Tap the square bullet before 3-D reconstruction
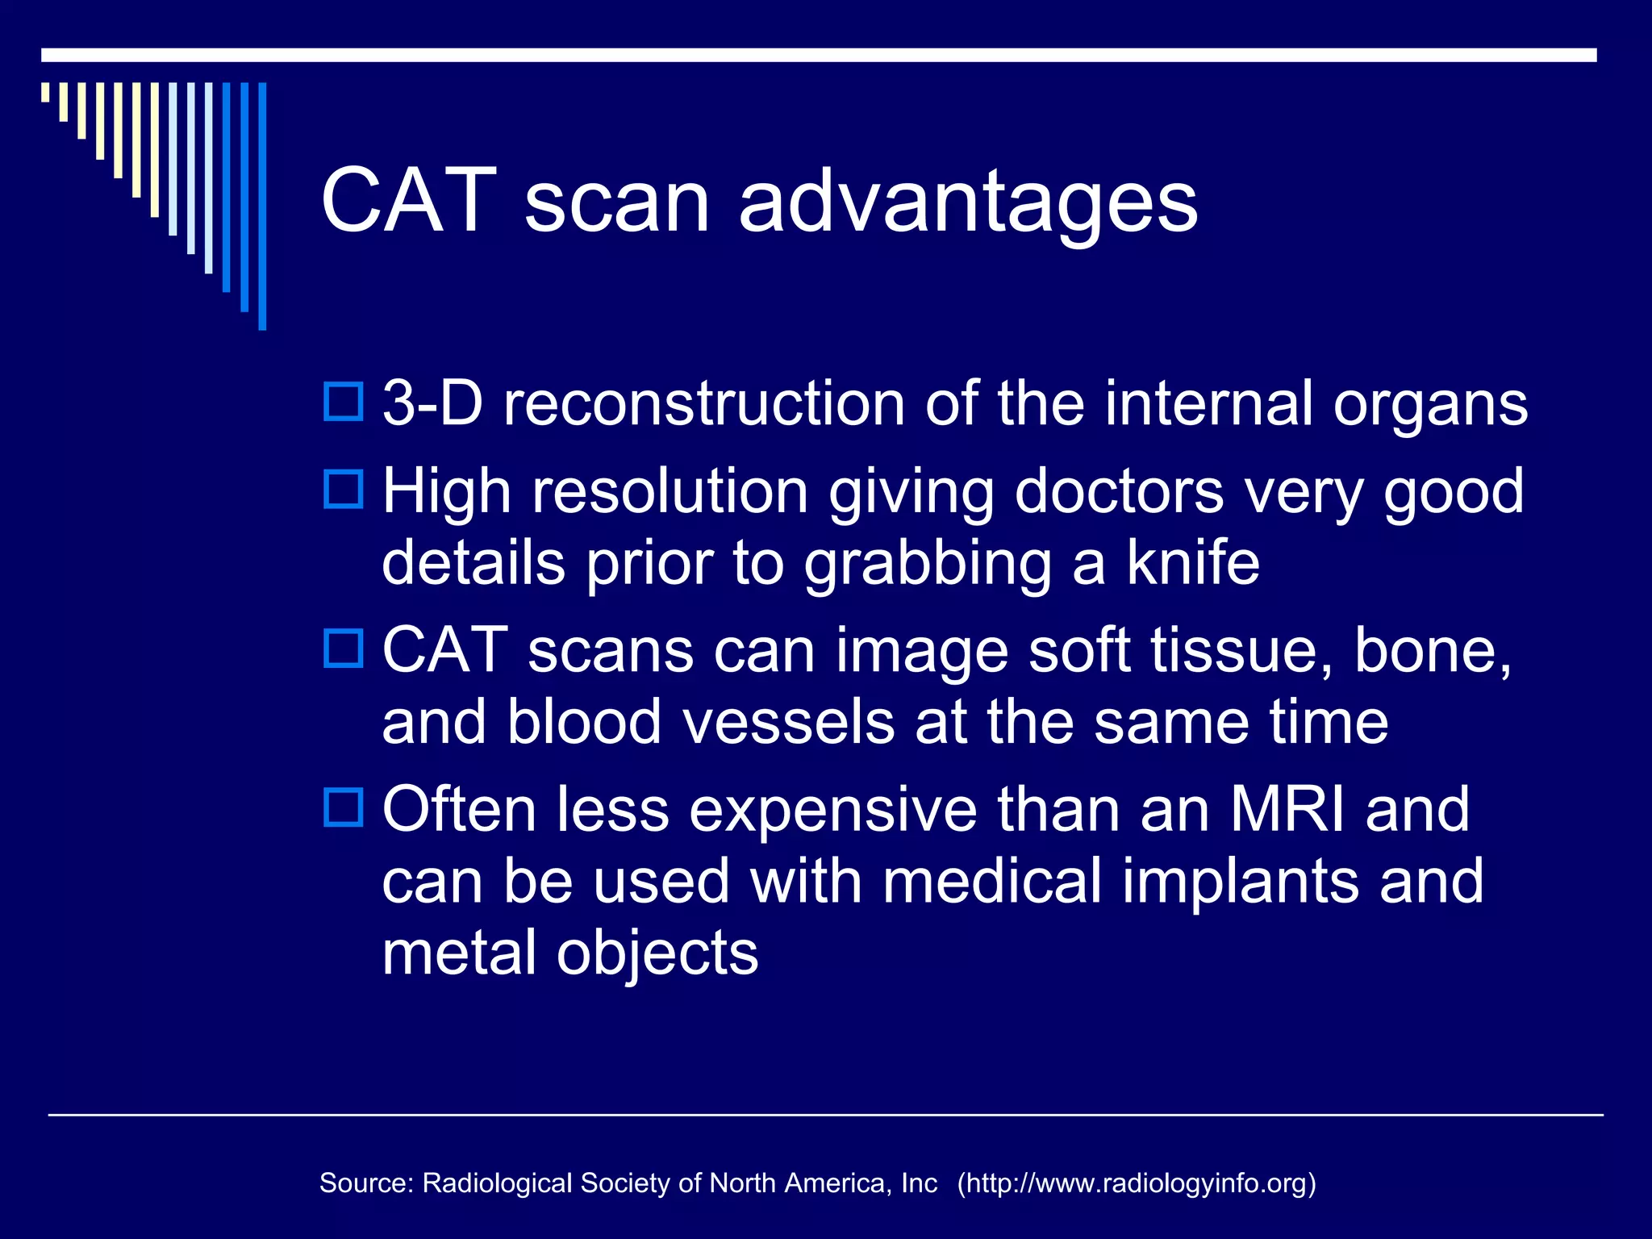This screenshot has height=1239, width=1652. point(344,402)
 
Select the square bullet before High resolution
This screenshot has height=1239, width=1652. point(344,490)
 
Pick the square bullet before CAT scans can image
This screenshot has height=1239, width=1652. point(344,649)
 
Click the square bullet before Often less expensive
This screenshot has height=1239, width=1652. point(344,807)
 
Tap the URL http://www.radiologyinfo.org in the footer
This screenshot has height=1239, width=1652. point(1137,1183)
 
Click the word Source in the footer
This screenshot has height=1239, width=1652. point(365,1183)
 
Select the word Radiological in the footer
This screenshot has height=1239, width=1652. point(497,1183)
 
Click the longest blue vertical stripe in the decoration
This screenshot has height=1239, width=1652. point(262,206)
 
